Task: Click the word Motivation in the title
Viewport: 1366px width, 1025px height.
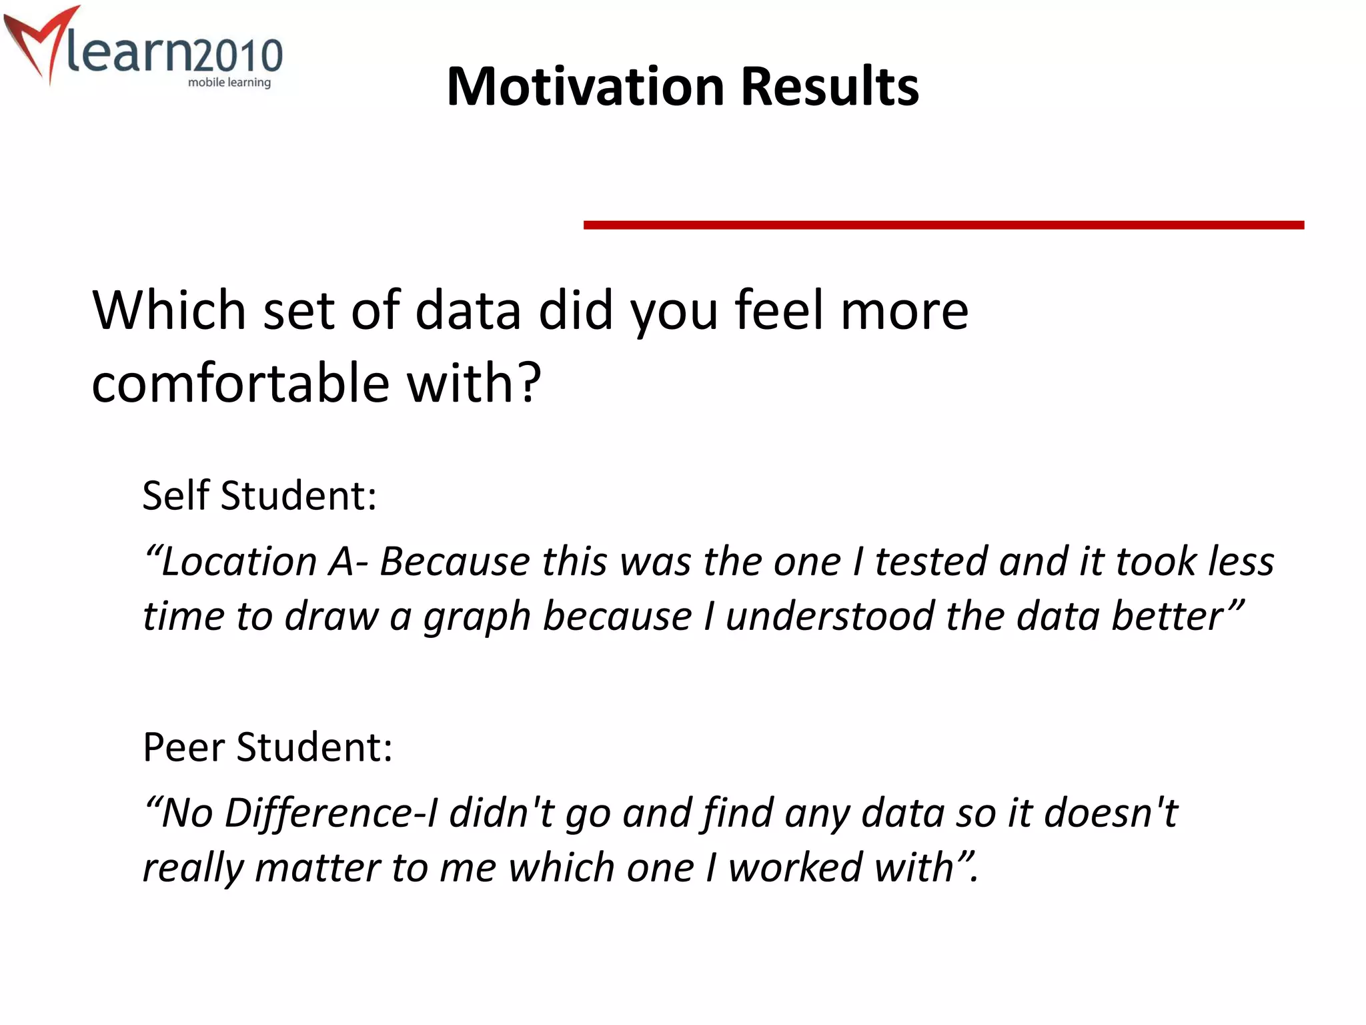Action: pos(586,87)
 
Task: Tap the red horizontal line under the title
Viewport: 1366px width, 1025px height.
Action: pos(943,226)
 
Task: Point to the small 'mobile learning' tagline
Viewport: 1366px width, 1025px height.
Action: pos(229,83)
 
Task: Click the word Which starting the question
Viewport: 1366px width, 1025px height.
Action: pos(169,310)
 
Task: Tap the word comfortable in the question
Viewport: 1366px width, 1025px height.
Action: pos(240,384)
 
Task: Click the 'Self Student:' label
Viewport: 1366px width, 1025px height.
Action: pos(259,496)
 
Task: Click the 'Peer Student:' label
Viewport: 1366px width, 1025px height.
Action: pos(267,747)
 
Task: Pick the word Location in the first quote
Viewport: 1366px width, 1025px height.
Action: pos(239,561)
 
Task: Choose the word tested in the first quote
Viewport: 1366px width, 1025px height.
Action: pos(931,561)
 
